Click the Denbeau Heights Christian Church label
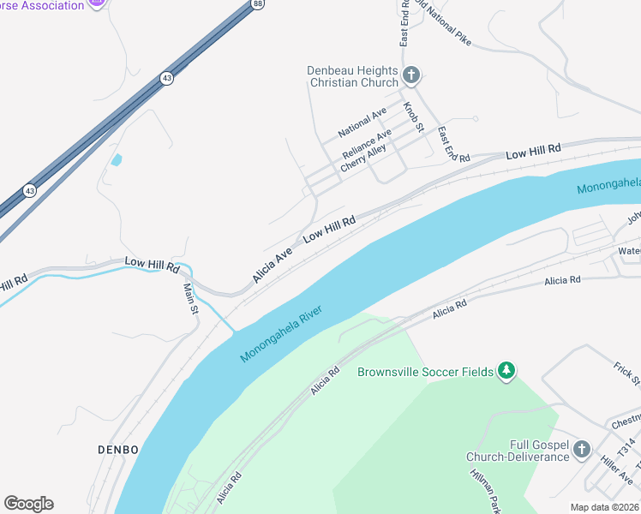click(x=353, y=76)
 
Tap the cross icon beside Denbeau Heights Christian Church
click(x=411, y=75)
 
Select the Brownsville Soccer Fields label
click(x=425, y=372)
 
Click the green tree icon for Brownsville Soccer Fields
click(x=507, y=371)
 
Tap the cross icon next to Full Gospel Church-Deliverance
click(x=582, y=449)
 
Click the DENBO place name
click(x=118, y=449)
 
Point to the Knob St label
click(x=414, y=117)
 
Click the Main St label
click(x=190, y=297)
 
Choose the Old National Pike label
click(x=443, y=18)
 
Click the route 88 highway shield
click(x=258, y=4)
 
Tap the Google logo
click(x=28, y=504)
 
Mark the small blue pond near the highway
click(x=116, y=159)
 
